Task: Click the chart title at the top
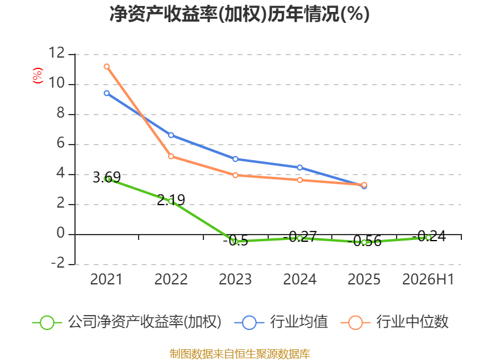(x=239, y=14)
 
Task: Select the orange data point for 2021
(x=107, y=67)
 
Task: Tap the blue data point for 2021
(x=107, y=93)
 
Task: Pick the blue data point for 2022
(x=171, y=135)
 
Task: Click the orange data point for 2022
(x=171, y=157)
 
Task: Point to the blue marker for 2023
(x=235, y=159)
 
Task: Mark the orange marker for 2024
(x=299, y=180)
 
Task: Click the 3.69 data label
(x=107, y=177)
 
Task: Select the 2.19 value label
(x=171, y=200)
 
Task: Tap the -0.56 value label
(x=367, y=241)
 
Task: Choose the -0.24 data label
(x=429, y=236)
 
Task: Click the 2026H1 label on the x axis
(x=428, y=279)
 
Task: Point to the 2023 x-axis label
(x=235, y=279)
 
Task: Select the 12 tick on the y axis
(x=56, y=53)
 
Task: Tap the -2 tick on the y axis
(x=58, y=263)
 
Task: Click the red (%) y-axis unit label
(x=38, y=76)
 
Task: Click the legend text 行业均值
(x=299, y=322)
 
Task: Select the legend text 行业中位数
(x=412, y=322)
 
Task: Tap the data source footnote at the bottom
(x=240, y=354)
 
